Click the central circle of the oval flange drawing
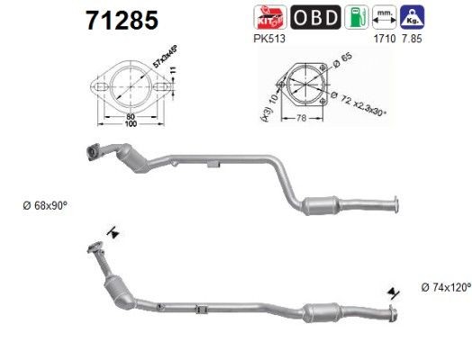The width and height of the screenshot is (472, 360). tap(132, 88)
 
